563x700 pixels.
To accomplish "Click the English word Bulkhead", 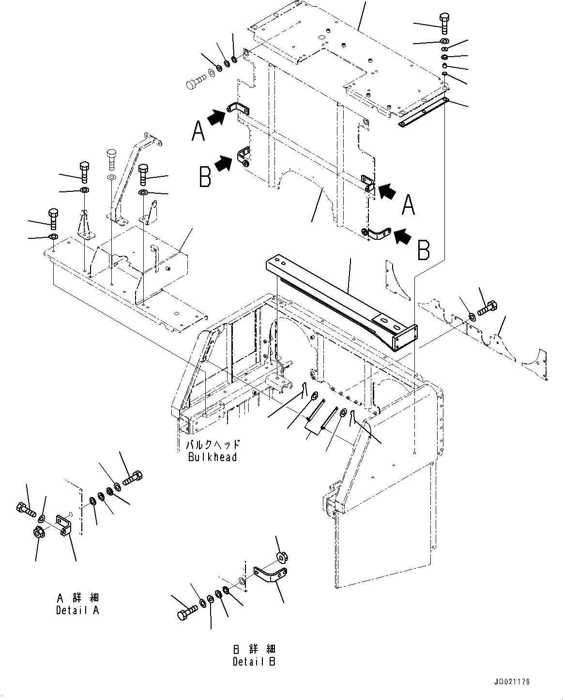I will (x=213, y=457).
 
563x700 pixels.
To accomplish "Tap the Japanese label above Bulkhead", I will (x=213, y=445).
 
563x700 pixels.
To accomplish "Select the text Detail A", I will (x=77, y=610).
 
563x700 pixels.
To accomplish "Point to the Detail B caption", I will (x=254, y=662).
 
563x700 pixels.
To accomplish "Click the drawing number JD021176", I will (x=512, y=682).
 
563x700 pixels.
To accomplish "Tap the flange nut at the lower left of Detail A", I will (x=39, y=531).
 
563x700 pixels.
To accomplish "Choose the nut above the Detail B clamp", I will (x=280, y=557).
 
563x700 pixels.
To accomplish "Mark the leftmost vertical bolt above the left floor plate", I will (x=53, y=218).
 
